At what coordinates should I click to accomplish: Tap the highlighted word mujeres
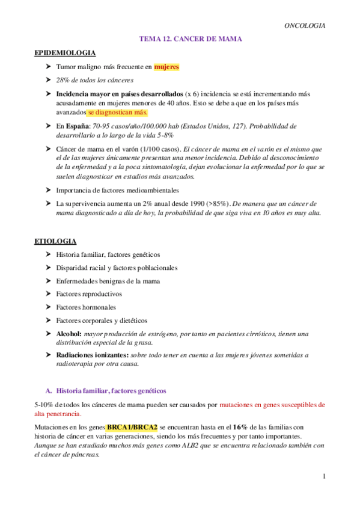click(x=166, y=67)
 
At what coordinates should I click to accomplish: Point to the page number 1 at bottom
click(x=323, y=477)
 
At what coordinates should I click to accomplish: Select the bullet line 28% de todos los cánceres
click(x=94, y=80)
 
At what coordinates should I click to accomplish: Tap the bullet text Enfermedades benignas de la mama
click(x=108, y=281)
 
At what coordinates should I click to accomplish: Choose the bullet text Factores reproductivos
click(x=88, y=294)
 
